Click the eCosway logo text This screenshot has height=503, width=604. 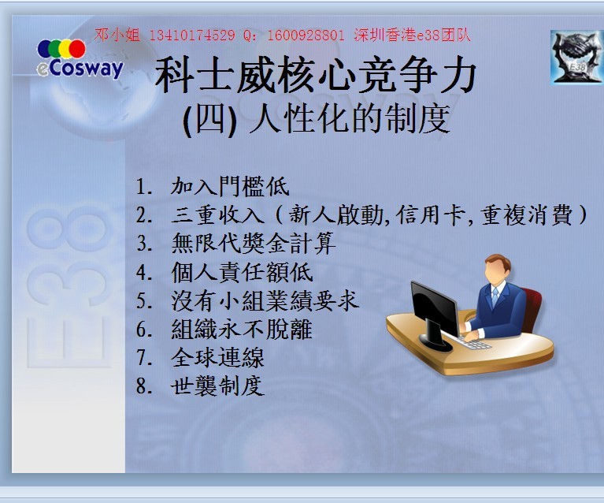point(80,69)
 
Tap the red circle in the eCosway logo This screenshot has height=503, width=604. point(77,49)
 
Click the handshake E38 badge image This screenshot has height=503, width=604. point(576,57)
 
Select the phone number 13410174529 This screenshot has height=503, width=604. point(191,35)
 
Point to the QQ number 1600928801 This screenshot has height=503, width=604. point(306,35)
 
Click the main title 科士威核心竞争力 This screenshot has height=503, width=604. point(316,75)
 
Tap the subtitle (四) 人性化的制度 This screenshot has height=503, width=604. point(317,118)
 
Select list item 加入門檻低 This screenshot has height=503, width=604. point(230,186)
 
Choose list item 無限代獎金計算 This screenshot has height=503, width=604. point(254,244)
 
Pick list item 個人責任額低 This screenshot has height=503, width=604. point(242,272)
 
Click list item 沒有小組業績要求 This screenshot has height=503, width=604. point(265,300)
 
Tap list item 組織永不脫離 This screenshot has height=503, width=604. point(242,329)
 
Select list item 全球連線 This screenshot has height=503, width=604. point(217,358)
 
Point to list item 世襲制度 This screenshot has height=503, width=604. point(217,386)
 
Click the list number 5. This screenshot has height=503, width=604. point(142,301)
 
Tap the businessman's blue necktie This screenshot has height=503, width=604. point(495,298)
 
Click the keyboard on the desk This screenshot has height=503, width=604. point(472,341)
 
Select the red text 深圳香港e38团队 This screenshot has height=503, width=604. point(412,35)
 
